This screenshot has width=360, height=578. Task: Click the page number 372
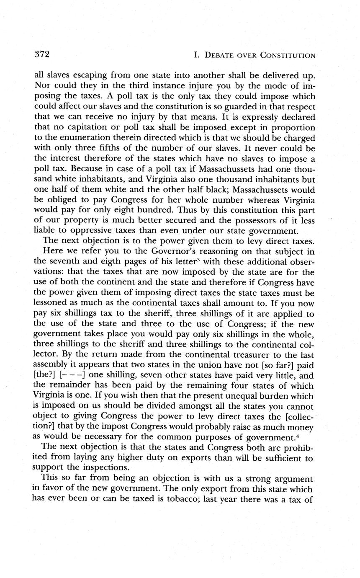pos(42,54)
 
